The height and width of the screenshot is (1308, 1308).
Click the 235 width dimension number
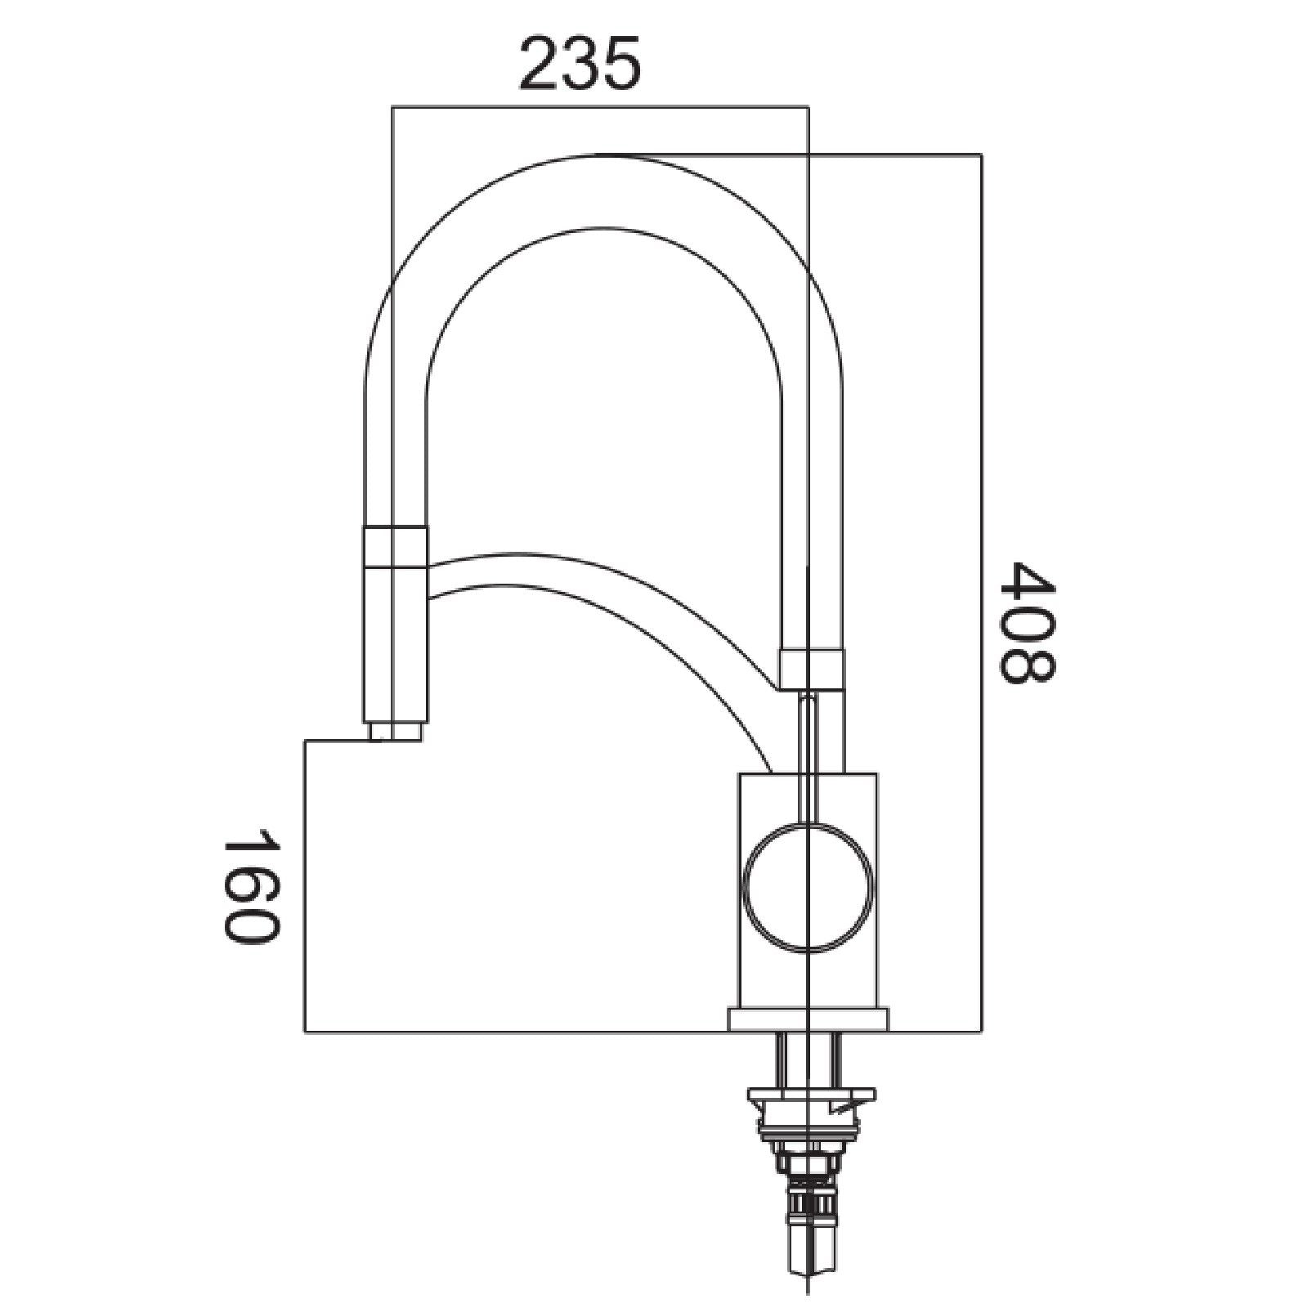point(580,64)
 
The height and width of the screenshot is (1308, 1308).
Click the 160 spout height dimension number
point(251,886)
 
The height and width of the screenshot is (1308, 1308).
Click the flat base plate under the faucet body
point(808,1018)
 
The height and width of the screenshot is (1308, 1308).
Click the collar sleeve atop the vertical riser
point(811,668)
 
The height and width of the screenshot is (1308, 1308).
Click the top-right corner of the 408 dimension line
point(981,155)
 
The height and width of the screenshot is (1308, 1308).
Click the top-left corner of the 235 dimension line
point(392,107)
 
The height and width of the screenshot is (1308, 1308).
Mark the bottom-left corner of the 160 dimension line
point(305,1033)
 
